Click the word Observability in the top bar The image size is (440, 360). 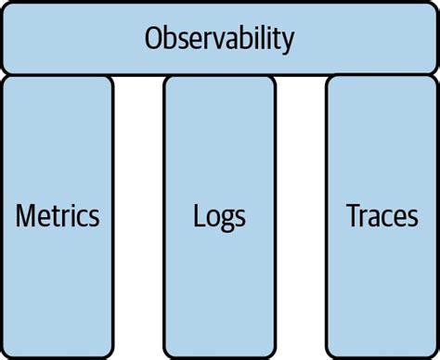tap(220, 39)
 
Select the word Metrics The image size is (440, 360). tap(58, 216)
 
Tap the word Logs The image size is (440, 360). tap(219, 217)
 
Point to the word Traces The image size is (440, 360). tap(382, 216)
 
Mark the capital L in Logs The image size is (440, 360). tap(199, 216)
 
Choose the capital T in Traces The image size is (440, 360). tap(353, 216)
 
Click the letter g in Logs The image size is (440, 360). tap(226, 220)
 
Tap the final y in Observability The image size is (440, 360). tap(289, 43)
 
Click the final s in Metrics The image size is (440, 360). tap(94, 218)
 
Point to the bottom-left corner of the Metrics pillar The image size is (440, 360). tap(6, 354)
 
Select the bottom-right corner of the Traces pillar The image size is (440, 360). tap(434, 354)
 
